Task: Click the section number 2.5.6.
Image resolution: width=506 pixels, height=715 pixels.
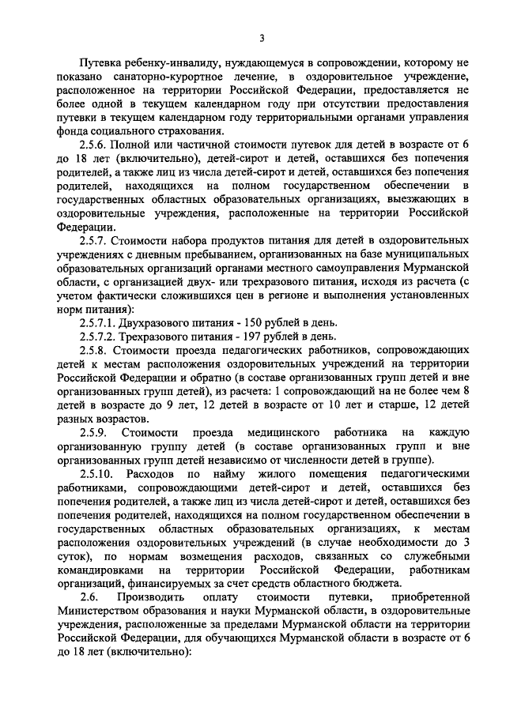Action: [x=96, y=146]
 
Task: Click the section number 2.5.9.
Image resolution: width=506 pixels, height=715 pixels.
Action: [x=96, y=432]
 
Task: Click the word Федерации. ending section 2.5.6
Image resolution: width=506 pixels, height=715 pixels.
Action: [x=85, y=228]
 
